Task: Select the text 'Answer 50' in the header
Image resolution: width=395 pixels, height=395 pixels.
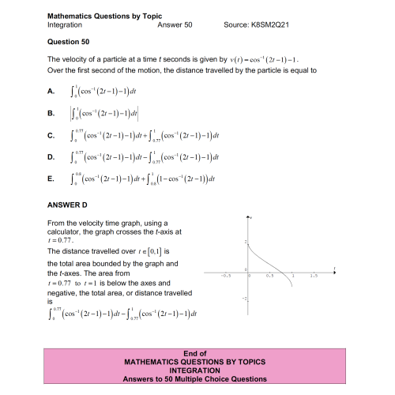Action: pos(175,25)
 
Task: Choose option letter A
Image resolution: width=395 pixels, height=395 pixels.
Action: pos(51,92)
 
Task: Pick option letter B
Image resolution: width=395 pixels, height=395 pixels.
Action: pos(51,114)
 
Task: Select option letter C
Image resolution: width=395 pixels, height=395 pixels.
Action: pos(51,136)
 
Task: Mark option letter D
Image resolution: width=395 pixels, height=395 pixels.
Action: pos(51,157)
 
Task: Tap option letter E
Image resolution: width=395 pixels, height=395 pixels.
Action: pos(51,179)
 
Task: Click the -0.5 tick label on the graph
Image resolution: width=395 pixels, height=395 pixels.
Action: pos(226,277)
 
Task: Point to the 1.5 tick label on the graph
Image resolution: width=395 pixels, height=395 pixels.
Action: pos(314,277)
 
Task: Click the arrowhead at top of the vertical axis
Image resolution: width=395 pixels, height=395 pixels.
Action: pos(249,216)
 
